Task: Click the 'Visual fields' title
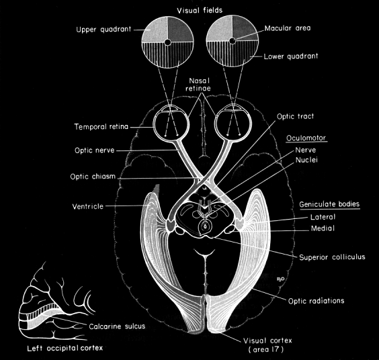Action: (x=200, y=11)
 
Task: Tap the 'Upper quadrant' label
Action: (x=103, y=30)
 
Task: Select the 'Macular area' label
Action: (x=288, y=28)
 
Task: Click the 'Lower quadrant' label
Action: (x=291, y=56)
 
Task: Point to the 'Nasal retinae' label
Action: (x=198, y=85)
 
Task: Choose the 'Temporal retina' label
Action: (x=101, y=127)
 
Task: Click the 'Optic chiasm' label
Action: (x=93, y=177)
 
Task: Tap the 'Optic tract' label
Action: (x=295, y=116)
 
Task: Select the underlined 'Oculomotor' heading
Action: (x=306, y=138)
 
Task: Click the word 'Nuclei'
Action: (x=306, y=160)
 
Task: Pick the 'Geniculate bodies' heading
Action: (x=329, y=204)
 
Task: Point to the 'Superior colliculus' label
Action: (x=332, y=257)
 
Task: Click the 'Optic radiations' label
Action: (x=316, y=301)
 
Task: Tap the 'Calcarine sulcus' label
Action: (x=117, y=326)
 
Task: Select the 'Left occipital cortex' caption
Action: (x=65, y=348)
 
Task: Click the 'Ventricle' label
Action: (x=88, y=206)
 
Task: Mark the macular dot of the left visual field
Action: (x=167, y=42)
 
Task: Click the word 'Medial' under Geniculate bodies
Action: (x=323, y=228)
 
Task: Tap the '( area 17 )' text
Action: (x=265, y=350)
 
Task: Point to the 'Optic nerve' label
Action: (x=94, y=150)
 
